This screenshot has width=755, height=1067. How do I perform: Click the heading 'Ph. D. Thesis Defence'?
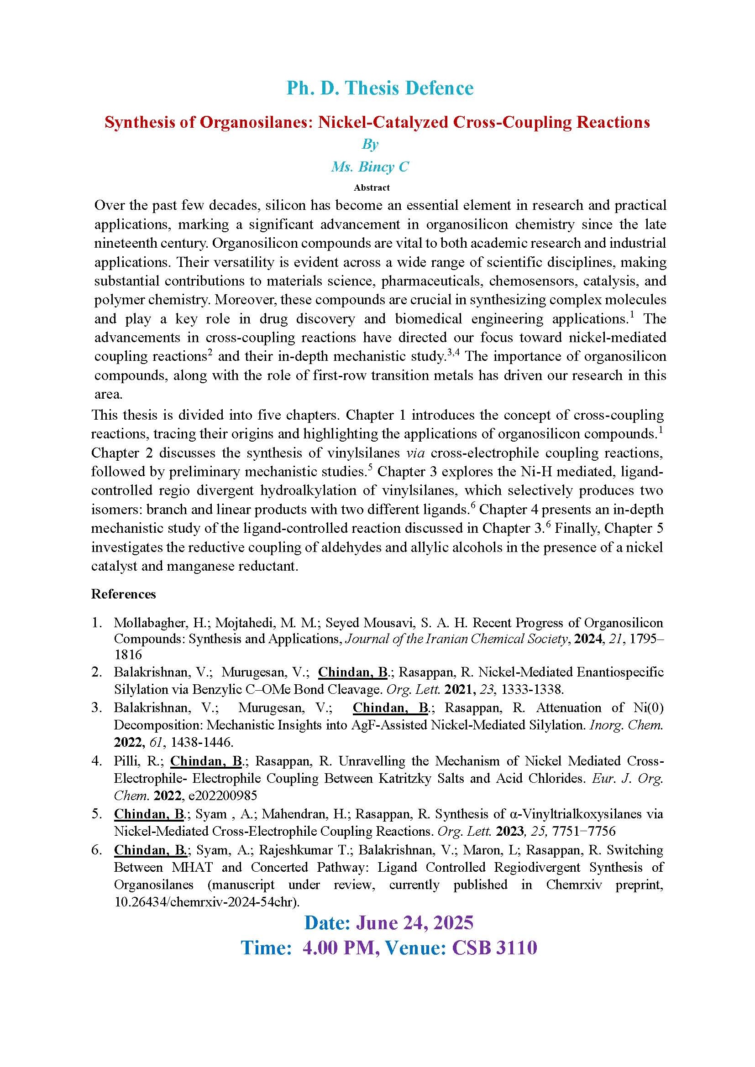pyautogui.click(x=380, y=88)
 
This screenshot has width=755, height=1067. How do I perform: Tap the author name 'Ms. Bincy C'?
pyautogui.click(x=370, y=167)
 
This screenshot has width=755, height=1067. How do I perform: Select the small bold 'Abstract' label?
pyautogui.click(x=372, y=188)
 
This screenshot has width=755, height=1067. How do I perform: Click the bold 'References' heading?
pyautogui.click(x=123, y=594)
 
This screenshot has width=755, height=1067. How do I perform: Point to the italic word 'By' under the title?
pyautogui.click(x=370, y=145)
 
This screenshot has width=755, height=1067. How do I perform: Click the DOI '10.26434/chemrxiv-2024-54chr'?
pyautogui.click(x=205, y=902)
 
